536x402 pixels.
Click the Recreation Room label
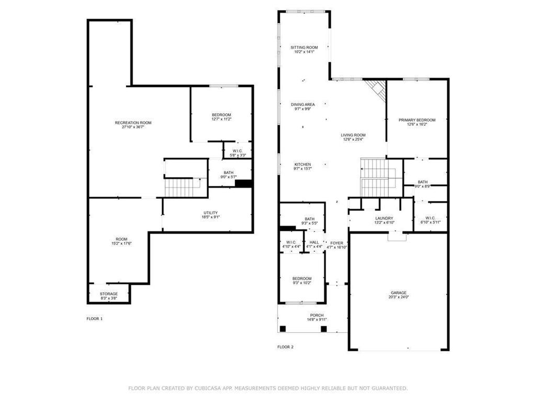(x=133, y=122)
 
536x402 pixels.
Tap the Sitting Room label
(x=304, y=48)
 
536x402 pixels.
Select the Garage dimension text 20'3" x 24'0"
(x=398, y=297)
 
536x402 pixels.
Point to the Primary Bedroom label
(x=417, y=120)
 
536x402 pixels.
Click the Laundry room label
(x=384, y=218)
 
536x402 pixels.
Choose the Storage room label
(x=109, y=294)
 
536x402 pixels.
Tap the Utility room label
(x=211, y=213)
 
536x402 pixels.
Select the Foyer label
(x=337, y=243)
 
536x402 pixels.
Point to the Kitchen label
(x=303, y=164)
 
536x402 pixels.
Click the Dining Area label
(x=303, y=105)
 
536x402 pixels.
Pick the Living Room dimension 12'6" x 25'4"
(x=354, y=139)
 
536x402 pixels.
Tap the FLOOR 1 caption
(x=95, y=318)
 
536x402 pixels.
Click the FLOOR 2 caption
(x=285, y=347)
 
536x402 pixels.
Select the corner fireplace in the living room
(x=376, y=89)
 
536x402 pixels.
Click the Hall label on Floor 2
(x=314, y=242)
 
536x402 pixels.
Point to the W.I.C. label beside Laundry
(x=431, y=218)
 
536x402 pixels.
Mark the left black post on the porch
(x=283, y=329)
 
